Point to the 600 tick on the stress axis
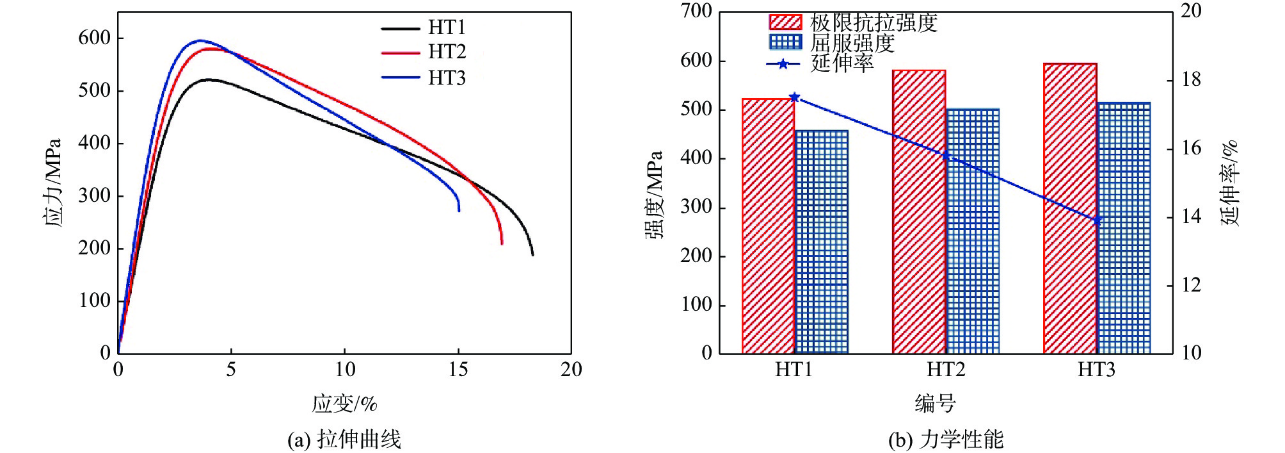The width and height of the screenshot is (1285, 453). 94,38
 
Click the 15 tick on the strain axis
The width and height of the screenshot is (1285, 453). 458,370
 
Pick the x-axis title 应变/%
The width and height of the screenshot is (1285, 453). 344,404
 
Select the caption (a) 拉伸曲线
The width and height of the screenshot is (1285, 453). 344,440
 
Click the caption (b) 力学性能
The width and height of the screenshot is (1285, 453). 946,440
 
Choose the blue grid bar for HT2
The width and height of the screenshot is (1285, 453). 972,231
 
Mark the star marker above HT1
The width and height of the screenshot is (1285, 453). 794,97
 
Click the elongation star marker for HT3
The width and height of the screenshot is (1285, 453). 1097,220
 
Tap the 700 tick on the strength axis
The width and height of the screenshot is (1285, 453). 696,12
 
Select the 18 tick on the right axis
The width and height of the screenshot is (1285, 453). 1191,80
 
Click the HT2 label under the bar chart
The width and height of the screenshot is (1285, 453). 945,370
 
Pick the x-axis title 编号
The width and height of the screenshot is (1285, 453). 935,404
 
